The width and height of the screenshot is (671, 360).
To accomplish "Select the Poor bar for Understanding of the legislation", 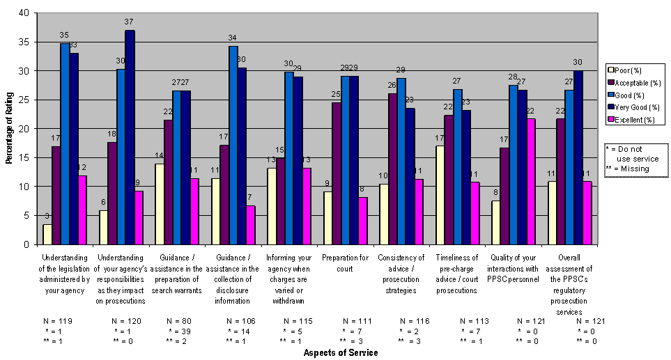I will click(x=47, y=235).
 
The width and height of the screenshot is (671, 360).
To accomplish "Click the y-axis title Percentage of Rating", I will click(x=9, y=129).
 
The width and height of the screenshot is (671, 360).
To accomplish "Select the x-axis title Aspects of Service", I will click(x=341, y=353).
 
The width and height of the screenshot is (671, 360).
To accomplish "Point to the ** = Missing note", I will click(x=628, y=169).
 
